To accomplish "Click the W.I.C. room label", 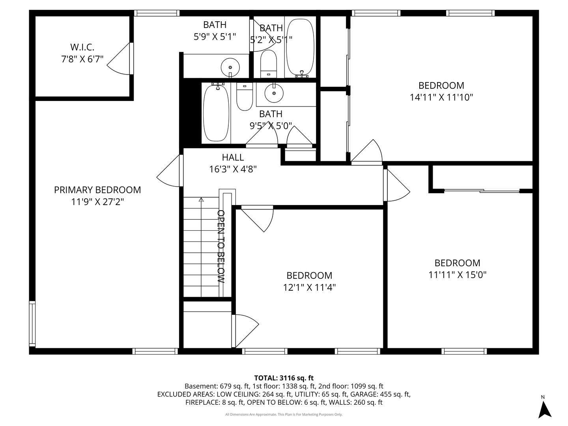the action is point(82,47).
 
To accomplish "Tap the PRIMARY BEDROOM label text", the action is point(97,190).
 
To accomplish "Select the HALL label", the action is point(233,157).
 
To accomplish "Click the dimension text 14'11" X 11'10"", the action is point(441,97).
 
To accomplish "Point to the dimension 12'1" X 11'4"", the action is point(309,288).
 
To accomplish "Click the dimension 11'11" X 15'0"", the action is point(457,275).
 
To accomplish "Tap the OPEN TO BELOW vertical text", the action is point(220,247).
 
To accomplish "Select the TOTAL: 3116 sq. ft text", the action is point(284,378).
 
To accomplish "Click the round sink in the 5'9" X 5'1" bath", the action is point(230,67).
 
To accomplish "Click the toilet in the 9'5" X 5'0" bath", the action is point(245,97).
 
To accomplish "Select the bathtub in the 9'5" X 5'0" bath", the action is point(216,112).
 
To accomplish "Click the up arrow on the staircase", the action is point(201,200).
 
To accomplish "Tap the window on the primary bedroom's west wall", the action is point(32,323).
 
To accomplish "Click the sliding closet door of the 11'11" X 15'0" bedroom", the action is point(482,191).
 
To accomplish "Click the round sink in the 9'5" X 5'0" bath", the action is point(274,93).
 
